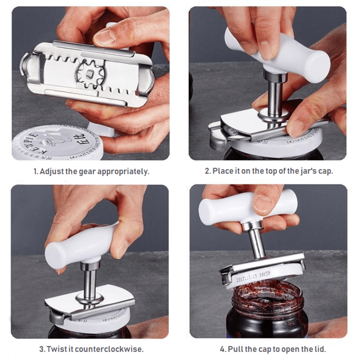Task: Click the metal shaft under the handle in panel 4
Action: [x=257, y=242]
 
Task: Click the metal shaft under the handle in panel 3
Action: [x=90, y=281]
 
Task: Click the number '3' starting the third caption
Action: [x=41, y=349]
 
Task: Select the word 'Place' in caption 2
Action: [x=222, y=171]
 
